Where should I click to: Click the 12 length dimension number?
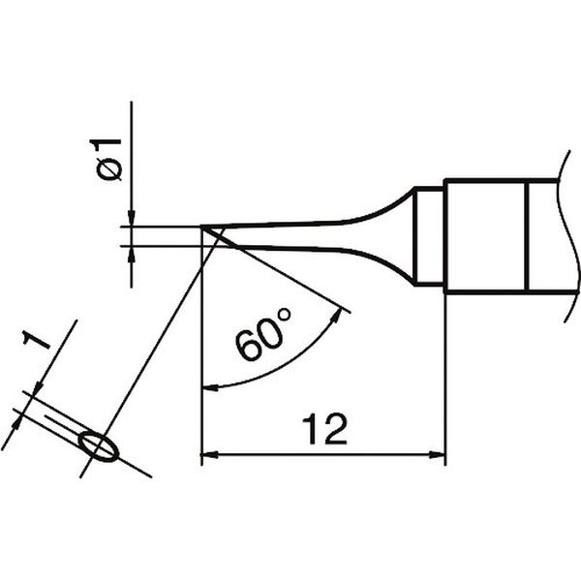pyautogui.click(x=324, y=429)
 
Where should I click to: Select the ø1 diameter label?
pyautogui.click(x=106, y=160)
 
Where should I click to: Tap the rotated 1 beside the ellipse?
pyautogui.click(x=36, y=340)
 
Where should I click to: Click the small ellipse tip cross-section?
pyautogui.click(x=99, y=446)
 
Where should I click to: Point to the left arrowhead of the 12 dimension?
pyautogui.click(x=209, y=454)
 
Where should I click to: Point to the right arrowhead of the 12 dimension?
pyautogui.click(x=437, y=454)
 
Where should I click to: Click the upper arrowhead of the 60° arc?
pyautogui.click(x=336, y=317)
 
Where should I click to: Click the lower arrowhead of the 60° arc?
pyautogui.click(x=210, y=387)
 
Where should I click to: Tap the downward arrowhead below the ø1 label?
pyautogui.click(x=131, y=218)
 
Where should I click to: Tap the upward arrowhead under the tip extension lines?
pyautogui.click(x=131, y=254)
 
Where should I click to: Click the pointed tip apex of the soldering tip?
pyautogui.click(x=201, y=226)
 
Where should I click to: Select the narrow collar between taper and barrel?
pyautogui.click(x=429, y=237)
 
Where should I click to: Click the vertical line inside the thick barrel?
pyautogui.click(x=526, y=237)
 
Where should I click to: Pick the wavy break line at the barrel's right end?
pyautogui.click(x=569, y=236)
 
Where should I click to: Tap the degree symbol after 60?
pyautogui.click(x=284, y=315)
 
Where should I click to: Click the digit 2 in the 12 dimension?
pyautogui.click(x=335, y=429)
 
